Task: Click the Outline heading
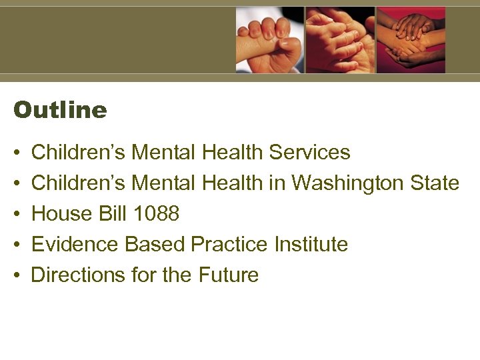point(60,110)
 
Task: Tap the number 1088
point(157,214)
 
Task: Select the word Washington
point(343,183)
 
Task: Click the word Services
point(309,152)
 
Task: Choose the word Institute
point(311,245)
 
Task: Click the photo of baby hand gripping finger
point(269,40)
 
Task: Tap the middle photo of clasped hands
point(340,40)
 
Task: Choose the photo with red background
point(411,40)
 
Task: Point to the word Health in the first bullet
point(233,152)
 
